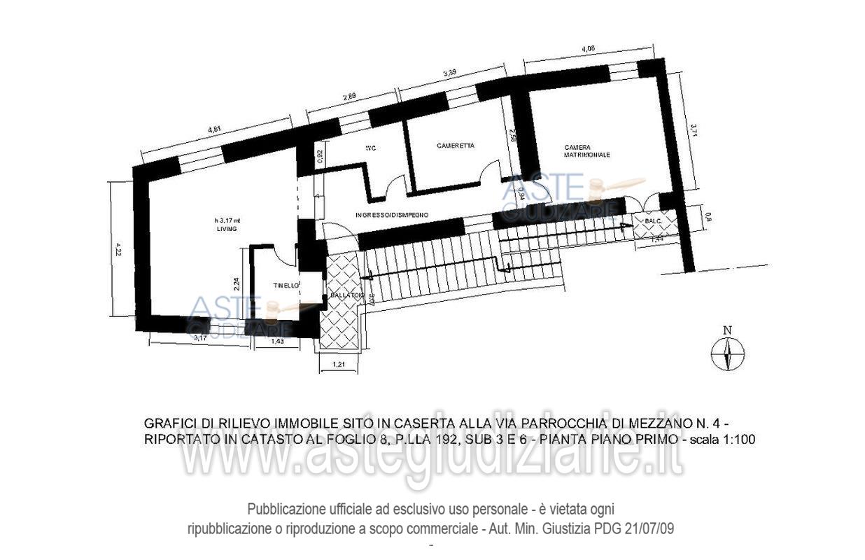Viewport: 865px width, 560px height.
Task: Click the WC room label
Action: click(371, 148)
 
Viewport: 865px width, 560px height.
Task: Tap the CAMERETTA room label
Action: click(456, 146)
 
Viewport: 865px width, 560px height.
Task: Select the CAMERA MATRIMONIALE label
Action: click(587, 150)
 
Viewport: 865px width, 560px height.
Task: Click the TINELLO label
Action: click(286, 286)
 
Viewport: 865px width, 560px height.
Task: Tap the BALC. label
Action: click(645, 222)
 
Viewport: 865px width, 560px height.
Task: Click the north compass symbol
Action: click(728, 353)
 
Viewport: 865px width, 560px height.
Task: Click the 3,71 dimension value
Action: click(693, 131)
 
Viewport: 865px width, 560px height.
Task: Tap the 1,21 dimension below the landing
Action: click(339, 365)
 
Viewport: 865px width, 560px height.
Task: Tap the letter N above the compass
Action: click(728, 331)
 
